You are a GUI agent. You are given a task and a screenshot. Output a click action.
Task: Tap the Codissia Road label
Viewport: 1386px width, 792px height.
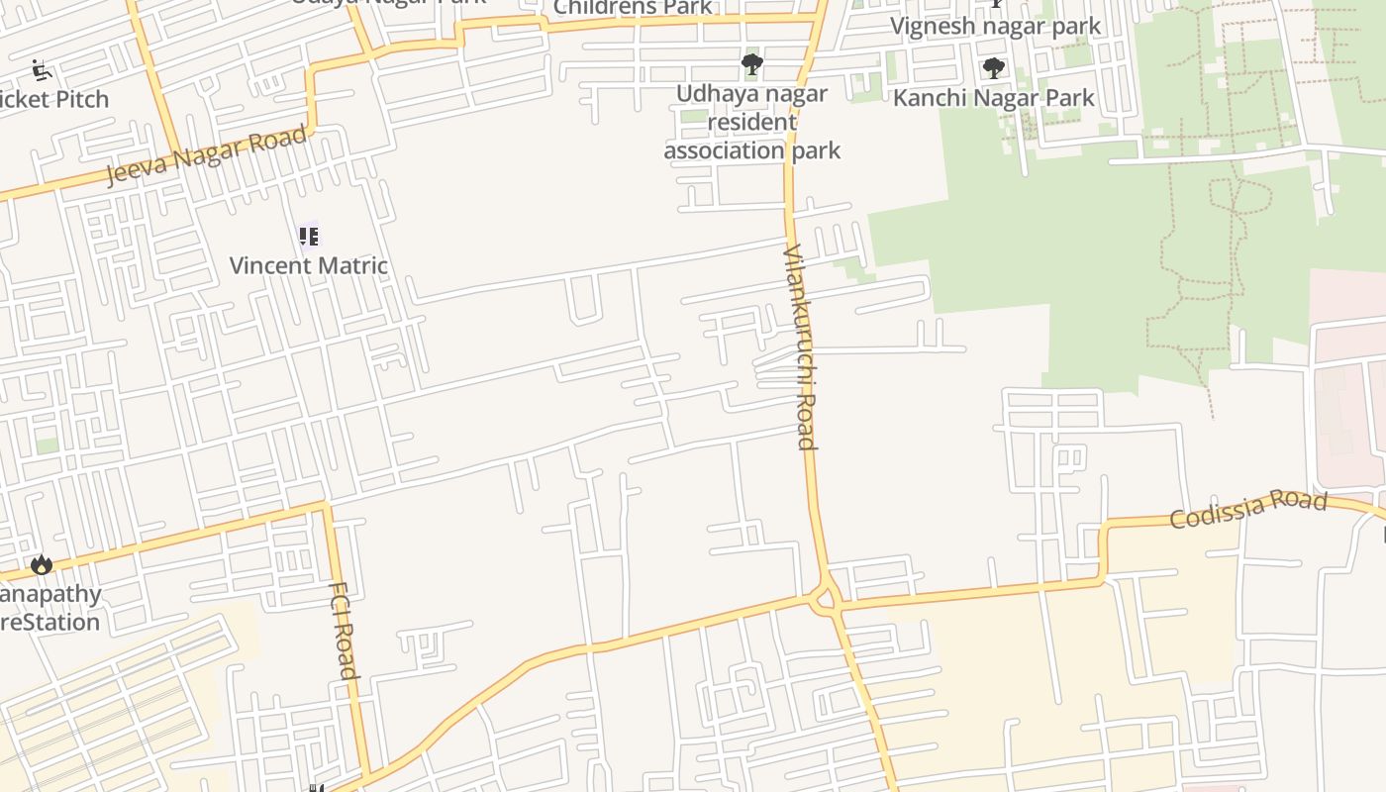point(1247,509)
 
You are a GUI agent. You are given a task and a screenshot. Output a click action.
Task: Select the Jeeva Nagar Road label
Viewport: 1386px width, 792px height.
point(206,154)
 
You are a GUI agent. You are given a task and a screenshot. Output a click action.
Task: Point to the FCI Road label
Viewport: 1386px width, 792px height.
point(342,630)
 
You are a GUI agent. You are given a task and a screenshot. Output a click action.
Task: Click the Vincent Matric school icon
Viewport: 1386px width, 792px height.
point(309,237)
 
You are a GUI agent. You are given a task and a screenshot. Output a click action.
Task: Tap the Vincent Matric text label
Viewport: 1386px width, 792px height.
point(309,265)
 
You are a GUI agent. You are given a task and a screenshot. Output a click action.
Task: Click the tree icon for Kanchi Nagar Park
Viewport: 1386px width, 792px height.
point(993,68)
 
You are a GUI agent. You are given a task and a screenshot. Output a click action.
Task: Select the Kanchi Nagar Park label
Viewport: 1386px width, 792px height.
point(994,97)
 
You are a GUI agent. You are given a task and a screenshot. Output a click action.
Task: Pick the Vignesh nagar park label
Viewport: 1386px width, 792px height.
point(995,26)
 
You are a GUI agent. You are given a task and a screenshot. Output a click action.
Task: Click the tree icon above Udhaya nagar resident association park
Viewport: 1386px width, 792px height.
point(752,65)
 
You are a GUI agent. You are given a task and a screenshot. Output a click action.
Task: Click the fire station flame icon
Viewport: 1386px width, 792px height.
point(42,564)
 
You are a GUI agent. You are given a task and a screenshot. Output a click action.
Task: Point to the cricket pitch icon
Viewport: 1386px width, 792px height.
point(41,70)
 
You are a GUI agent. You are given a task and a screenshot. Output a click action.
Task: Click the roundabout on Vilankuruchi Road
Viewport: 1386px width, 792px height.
point(824,598)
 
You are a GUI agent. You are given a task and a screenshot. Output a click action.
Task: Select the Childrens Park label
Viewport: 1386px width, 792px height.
point(633,8)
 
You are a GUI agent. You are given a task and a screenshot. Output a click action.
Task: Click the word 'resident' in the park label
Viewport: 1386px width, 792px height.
point(752,122)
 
